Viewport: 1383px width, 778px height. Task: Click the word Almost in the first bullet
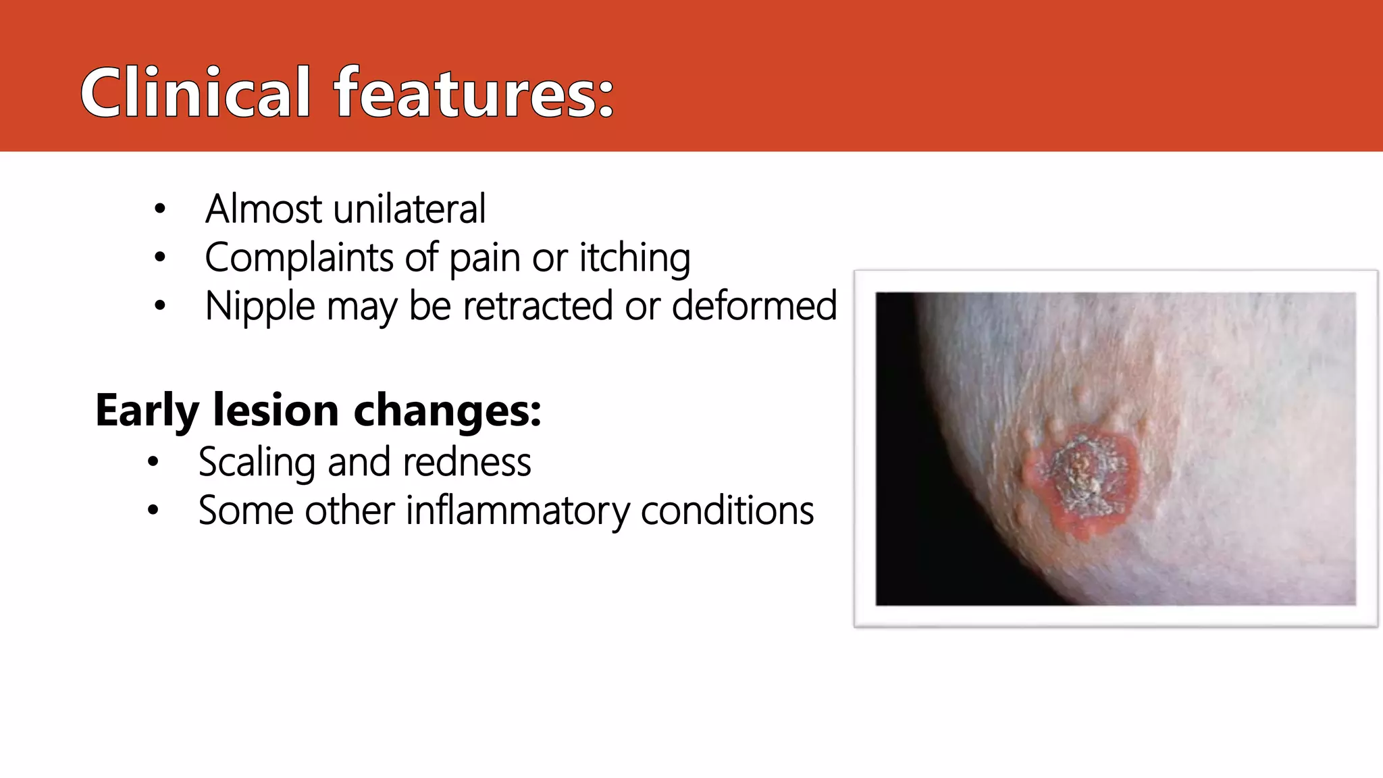click(x=264, y=209)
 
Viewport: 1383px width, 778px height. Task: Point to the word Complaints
click(x=299, y=258)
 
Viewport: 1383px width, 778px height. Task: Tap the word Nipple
click(x=259, y=307)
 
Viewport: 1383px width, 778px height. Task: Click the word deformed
click(x=754, y=306)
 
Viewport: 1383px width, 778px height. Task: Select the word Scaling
click(x=257, y=463)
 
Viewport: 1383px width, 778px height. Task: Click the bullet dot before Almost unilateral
click(x=159, y=209)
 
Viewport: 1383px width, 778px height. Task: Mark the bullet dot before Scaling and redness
click(x=153, y=463)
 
